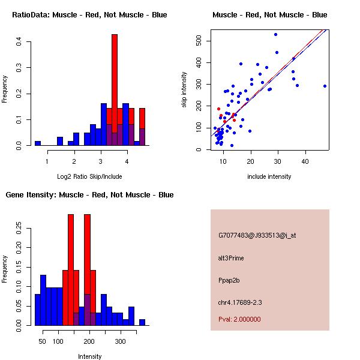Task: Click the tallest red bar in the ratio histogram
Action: tap(114, 90)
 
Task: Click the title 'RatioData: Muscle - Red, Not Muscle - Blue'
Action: tap(89, 14)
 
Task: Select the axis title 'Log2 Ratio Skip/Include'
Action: tap(89, 176)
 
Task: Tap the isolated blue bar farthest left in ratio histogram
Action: tap(38, 143)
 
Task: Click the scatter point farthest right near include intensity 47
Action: tap(325, 86)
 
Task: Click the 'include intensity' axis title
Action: tap(270, 176)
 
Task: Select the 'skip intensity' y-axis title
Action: tap(185, 90)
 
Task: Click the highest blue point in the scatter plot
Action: tap(275, 34)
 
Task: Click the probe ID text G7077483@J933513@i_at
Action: tap(257, 235)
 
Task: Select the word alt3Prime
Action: tap(231, 258)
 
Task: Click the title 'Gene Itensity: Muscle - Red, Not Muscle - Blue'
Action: tap(89, 195)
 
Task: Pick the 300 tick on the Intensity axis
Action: tap(121, 341)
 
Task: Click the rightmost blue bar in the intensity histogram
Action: tap(142, 322)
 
